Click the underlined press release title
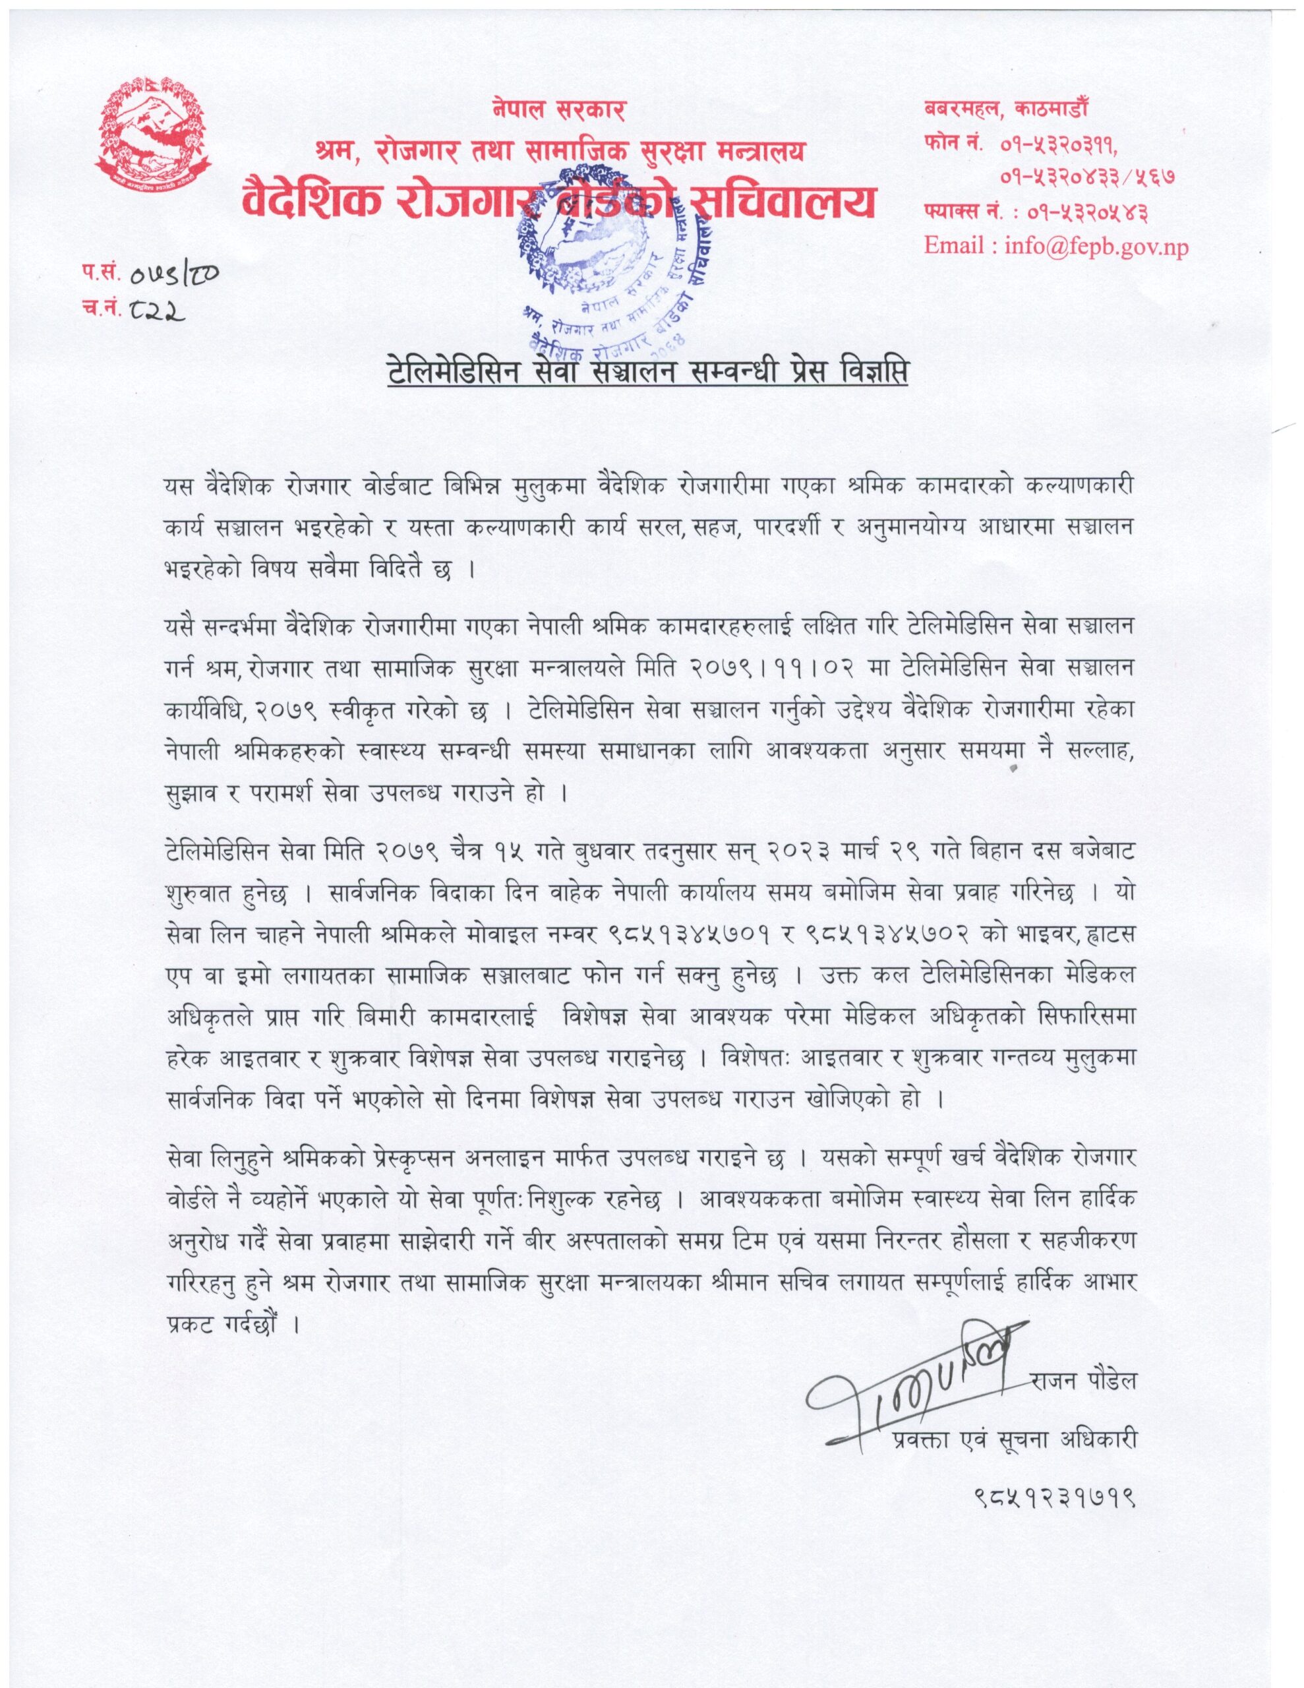coord(647,373)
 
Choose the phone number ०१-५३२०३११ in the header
coord(1059,144)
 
